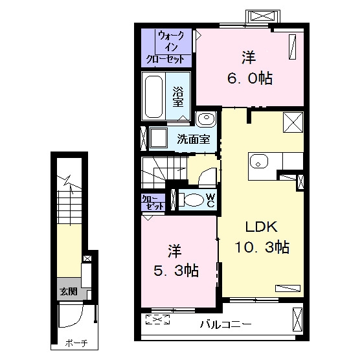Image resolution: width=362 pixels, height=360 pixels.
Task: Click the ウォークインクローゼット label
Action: (166, 47)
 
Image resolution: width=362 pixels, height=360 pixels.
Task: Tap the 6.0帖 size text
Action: (250, 78)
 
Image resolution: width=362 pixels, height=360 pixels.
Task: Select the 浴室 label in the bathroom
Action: (178, 96)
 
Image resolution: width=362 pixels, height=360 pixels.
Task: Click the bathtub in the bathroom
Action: (153, 96)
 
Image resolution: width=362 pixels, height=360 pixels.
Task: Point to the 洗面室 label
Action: (194, 139)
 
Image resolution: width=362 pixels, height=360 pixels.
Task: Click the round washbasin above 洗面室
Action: (206, 118)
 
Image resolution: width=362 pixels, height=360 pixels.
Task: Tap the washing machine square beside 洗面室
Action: (159, 138)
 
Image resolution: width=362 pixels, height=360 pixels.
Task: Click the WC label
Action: (210, 200)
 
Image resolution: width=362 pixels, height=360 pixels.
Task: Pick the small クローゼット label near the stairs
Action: (153, 203)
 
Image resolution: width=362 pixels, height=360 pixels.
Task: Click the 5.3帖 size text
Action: (176, 271)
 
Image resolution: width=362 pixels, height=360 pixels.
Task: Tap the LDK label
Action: (262, 227)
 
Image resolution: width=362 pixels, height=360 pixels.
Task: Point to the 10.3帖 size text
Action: (262, 247)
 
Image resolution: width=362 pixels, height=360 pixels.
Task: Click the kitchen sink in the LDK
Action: (259, 161)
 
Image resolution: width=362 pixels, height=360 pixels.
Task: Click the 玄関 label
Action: (69, 292)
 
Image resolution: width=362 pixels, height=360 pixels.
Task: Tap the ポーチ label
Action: (76, 343)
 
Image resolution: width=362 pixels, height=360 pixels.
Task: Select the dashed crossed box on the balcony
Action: (157, 319)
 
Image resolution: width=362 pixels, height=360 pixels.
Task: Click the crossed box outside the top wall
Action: (263, 16)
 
